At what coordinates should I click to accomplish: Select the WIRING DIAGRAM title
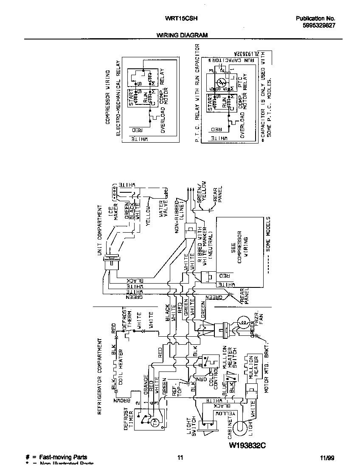click(182, 36)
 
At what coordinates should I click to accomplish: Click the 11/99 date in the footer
click(327, 458)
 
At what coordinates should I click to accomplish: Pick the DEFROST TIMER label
click(129, 419)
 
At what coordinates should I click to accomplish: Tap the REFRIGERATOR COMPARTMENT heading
click(100, 376)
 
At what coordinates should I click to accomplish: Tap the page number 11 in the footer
click(180, 458)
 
